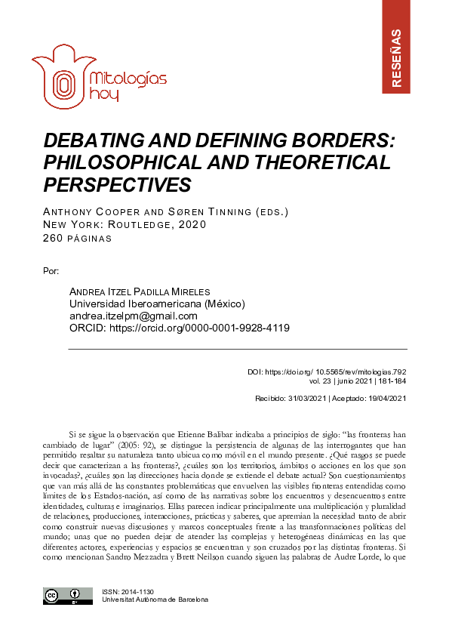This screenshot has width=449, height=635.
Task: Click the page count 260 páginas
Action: point(80,238)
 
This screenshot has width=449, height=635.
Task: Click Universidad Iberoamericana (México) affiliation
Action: point(146,304)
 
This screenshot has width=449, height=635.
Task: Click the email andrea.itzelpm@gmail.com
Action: point(134,316)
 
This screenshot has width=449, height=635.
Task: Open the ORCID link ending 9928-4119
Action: point(180,328)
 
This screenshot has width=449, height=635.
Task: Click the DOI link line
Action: point(328,372)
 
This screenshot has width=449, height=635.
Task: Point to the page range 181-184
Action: point(391,382)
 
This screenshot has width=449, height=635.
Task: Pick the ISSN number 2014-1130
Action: point(133,591)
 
